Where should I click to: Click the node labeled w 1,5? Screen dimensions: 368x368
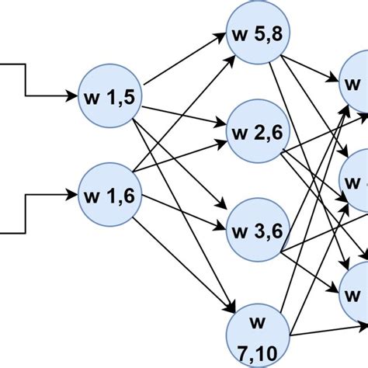109,98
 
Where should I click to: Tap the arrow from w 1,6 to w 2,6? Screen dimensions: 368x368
182,159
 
